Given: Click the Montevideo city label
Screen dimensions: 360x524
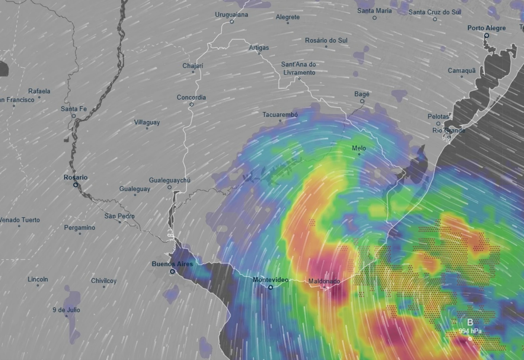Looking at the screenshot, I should pyautogui.click(x=270, y=280).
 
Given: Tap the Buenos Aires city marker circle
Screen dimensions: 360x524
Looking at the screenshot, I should pyautogui.click(x=172, y=271).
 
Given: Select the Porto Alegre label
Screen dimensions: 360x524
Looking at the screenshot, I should pyautogui.click(x=487, y=28).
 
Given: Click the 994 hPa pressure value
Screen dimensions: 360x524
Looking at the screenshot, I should pyautogui.click(x=470, y=331).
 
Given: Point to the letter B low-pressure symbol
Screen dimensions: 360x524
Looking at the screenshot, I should pyautogui.click(x=470, y=322).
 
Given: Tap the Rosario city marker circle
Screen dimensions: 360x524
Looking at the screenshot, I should pyautogui.click(x=76, y=185).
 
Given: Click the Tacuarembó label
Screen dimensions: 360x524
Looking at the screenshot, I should pyautogui.click(x=280, y=115).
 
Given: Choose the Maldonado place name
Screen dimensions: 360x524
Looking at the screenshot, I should pyautogui.click(x=324, y=281).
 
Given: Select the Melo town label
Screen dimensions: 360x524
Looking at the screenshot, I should pyautogui.click(x=359, y=148).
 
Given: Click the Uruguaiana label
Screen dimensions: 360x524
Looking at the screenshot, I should pyautogui.click(x=231, y=15).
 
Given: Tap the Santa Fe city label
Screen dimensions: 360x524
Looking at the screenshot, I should pyautogui.click(x=74, y=109).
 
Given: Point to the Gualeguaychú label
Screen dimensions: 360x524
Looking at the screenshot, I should pyautogui.click(x=170, y=180).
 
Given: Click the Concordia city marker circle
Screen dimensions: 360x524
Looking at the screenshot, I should pyautogui.click(x=191, y=104).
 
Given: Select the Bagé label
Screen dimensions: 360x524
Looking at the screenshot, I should pyautogui.click(x=362, y=94).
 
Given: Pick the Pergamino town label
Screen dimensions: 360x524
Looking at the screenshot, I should pyautogui.click(x=80, y=228).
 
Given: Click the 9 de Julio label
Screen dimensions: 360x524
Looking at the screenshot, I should pyautogui.click(x=66, y=310).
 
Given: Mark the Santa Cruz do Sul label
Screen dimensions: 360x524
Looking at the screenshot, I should pyautogui.click(x=434, y=12).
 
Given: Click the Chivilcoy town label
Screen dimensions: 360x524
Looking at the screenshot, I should pyautogui.click(x=104, y=281).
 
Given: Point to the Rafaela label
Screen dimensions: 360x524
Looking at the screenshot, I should pyautogui.click(x=39, y=91).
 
